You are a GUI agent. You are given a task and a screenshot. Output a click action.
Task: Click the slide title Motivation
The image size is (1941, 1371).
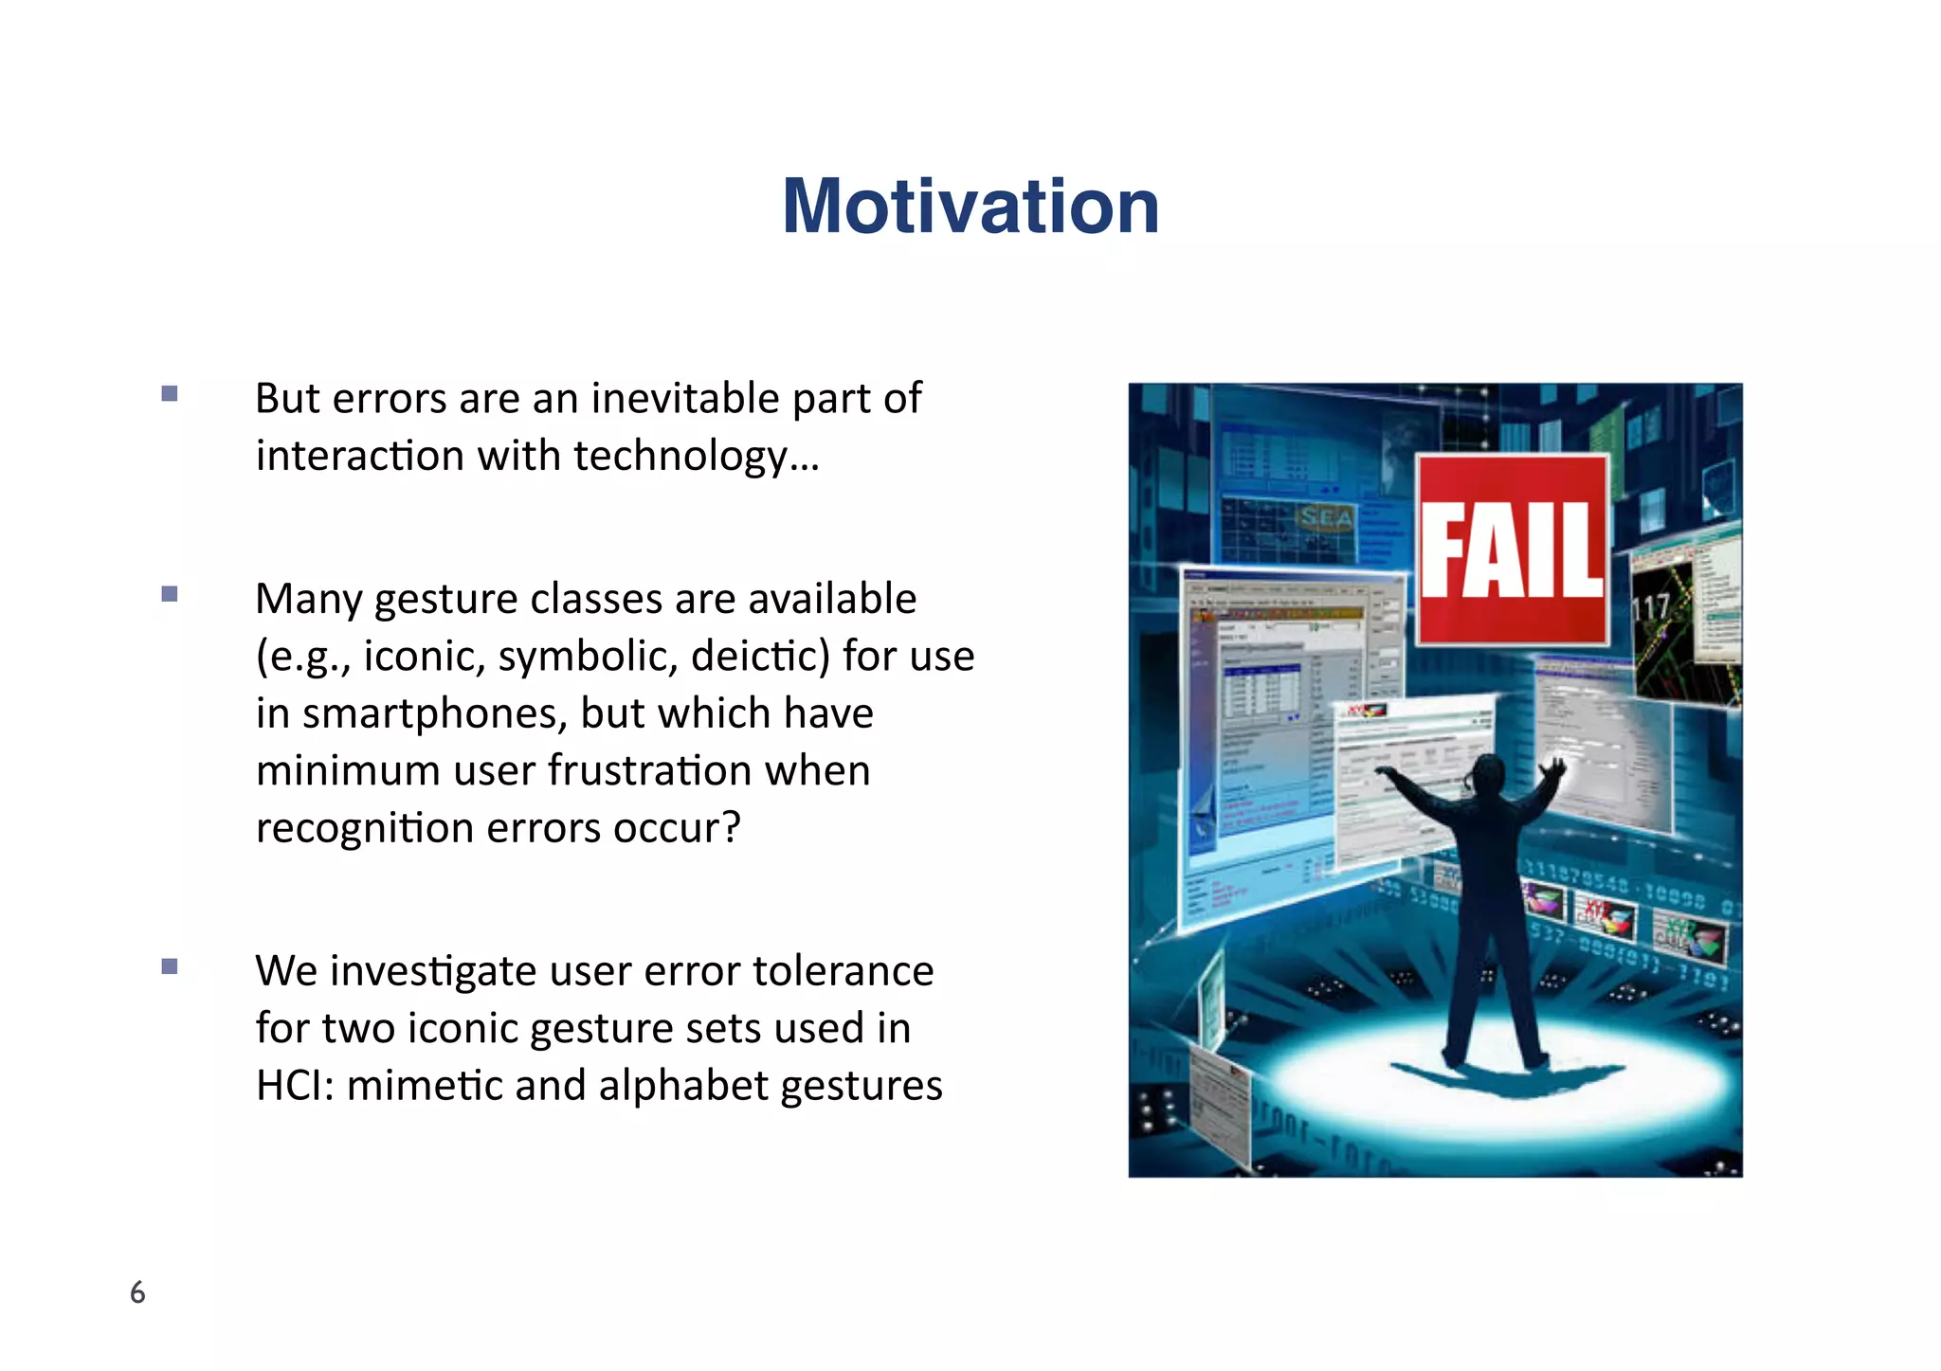[970, 207]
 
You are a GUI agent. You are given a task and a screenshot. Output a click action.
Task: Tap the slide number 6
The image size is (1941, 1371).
[137, 1292]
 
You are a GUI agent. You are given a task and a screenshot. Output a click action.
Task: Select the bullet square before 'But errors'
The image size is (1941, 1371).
[170, 393]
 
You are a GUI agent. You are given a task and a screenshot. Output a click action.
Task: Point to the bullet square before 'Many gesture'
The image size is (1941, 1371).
[170, 594]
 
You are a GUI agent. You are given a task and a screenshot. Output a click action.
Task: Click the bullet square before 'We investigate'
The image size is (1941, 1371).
[170, 966]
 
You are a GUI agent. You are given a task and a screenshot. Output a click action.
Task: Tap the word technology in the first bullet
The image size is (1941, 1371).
[680, 457]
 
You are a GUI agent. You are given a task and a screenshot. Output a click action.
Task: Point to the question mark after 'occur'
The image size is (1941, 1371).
[731, 828]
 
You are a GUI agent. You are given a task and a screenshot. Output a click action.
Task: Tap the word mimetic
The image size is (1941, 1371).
[425, 1086]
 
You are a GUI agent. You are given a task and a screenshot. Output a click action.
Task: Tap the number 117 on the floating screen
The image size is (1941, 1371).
[1651, 607]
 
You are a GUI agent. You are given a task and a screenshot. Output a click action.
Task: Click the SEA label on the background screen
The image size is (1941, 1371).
[1327, 517]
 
